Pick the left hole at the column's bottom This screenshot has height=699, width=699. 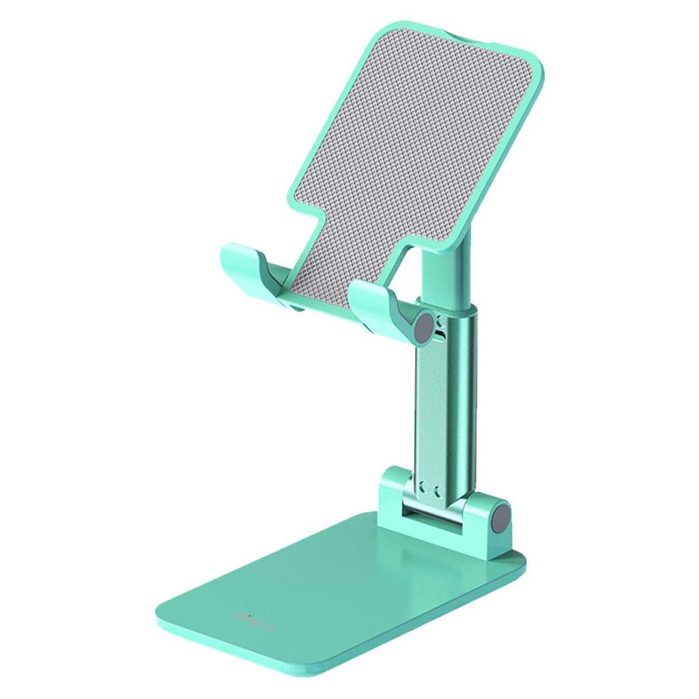coord(423,489)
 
